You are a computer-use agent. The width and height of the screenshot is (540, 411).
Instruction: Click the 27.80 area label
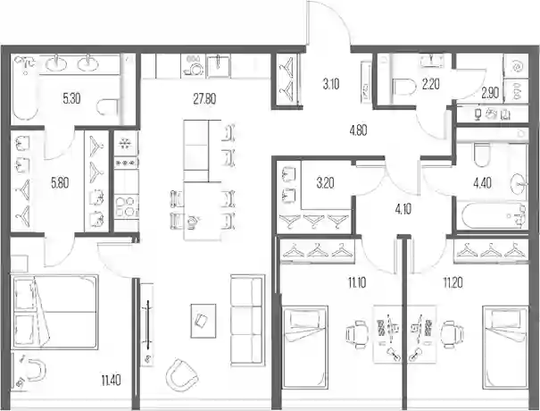point(204,99)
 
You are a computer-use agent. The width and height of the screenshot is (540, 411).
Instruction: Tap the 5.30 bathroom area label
point(71,99)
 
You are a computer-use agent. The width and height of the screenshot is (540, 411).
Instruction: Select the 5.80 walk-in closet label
point(60,183)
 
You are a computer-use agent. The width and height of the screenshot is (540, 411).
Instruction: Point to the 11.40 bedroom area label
point(112,382)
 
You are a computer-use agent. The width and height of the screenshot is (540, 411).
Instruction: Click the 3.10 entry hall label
point(331,84)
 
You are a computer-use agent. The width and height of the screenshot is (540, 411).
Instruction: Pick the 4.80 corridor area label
point(358,130)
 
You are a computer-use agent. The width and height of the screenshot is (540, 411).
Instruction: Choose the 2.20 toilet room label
point(430,84)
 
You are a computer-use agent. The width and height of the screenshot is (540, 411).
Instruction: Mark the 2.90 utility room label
point(490,93)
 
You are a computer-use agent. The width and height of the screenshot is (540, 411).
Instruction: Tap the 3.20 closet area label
point(325,183)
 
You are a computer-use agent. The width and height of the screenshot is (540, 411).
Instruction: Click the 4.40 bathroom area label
point(482,183)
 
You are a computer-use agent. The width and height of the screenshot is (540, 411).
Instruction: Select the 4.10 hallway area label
point(403,209)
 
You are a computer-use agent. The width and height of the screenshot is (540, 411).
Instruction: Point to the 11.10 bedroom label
point(357,283)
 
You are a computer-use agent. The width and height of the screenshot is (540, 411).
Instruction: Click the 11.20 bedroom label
point(453,283)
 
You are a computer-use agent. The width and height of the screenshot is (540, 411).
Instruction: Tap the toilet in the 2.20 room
point(404,88)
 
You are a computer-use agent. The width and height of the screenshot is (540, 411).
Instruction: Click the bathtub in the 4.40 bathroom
point(493,216)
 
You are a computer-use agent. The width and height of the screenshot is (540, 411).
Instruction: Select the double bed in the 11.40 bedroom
point(55,312)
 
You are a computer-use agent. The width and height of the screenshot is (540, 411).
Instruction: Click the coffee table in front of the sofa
point(204,321)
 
